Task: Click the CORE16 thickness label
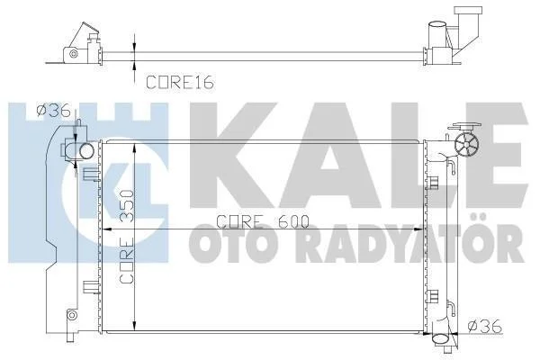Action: pos(180,83)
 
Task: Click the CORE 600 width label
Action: pos(263,222)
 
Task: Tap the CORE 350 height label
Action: pos(127,237)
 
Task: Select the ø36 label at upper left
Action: pos(54,111)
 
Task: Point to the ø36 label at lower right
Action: pos(484,326)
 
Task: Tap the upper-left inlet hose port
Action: pos(86,151)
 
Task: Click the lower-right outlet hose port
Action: pos(440,339)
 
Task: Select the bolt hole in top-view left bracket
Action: pos(72,54)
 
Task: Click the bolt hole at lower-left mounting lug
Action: pos(71,314)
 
